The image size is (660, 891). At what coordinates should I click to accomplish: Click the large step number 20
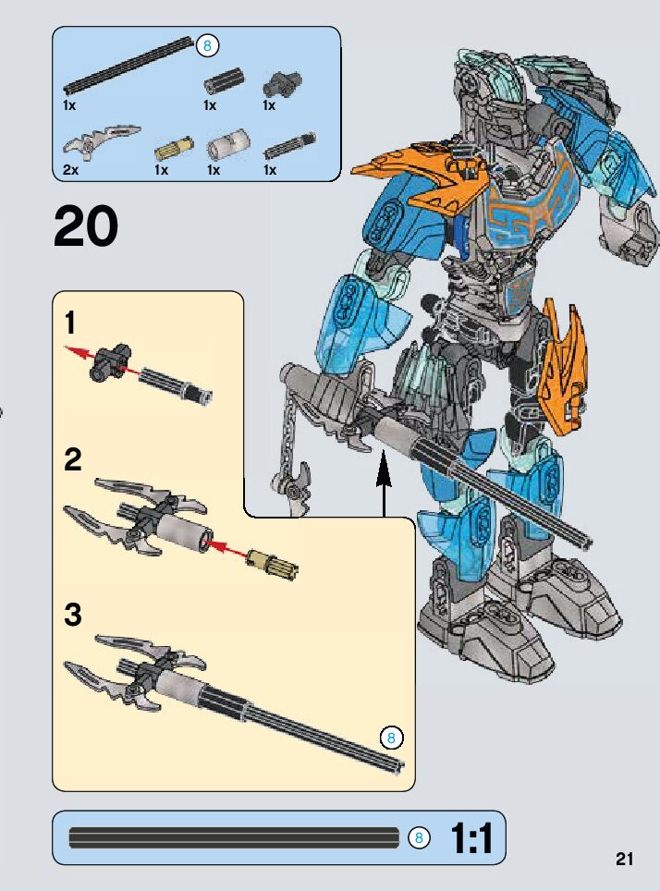[86, 227]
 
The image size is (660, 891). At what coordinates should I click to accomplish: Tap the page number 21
[625, 860]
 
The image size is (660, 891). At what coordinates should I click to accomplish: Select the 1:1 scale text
[471, 837]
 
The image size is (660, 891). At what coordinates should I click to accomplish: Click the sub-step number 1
[71, 324]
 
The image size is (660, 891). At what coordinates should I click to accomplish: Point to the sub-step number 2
[73, 459]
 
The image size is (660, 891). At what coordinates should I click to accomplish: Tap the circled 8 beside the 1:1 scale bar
[419, 837]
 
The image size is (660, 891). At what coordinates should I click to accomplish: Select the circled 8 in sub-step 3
[391, 738]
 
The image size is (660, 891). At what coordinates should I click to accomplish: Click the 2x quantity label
[71, 170]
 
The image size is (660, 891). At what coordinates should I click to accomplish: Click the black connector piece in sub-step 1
[109, 360]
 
